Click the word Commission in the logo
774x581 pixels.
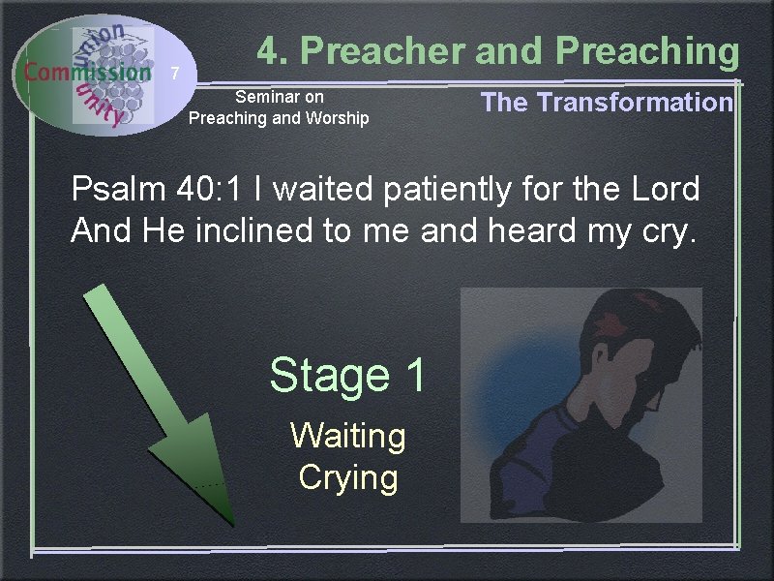pyautogui.click(x=87, y=71)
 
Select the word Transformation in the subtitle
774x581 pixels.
pyautogui.click(x=635, y=103)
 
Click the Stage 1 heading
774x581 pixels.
pyautogui.click(x=347, y=375)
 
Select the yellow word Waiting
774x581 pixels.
pyautogui.click(x=347, y=436)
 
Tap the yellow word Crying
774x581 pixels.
pyautogui.click(x=347, y=477)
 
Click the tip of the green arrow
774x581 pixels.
pyautogui.click(x=232, y=523)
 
